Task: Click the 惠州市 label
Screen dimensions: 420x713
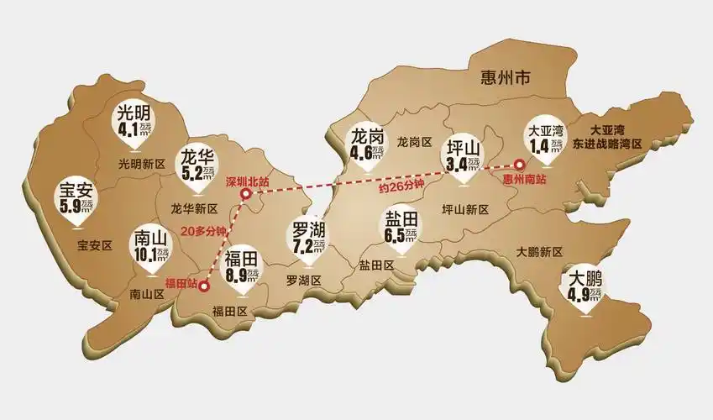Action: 504,79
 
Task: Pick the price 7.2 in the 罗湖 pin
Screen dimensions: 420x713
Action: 301,247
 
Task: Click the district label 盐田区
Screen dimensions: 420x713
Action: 376,265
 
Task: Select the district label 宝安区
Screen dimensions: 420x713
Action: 94,246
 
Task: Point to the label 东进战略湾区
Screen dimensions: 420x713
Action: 606,144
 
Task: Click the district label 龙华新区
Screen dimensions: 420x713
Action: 194,208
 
